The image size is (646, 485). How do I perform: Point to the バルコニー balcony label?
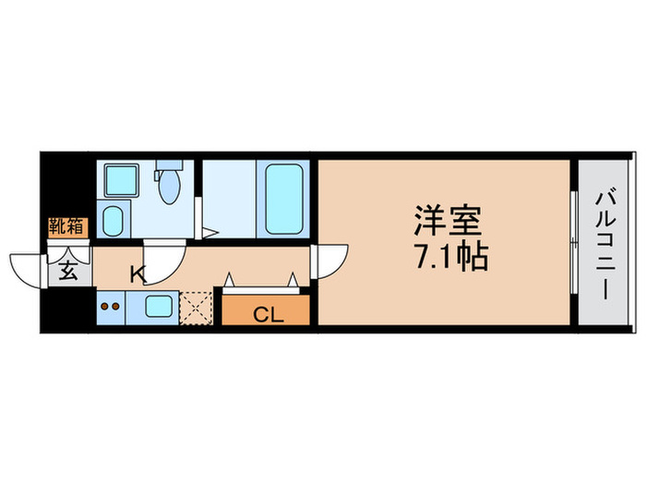[604, 242]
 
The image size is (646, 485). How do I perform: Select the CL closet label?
[266, 314]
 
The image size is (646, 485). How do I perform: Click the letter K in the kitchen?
[137, 273]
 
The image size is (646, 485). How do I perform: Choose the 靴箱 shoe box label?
[68, 224]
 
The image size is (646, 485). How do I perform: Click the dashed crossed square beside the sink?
[196, 307]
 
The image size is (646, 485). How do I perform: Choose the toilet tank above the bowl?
[168, 166]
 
